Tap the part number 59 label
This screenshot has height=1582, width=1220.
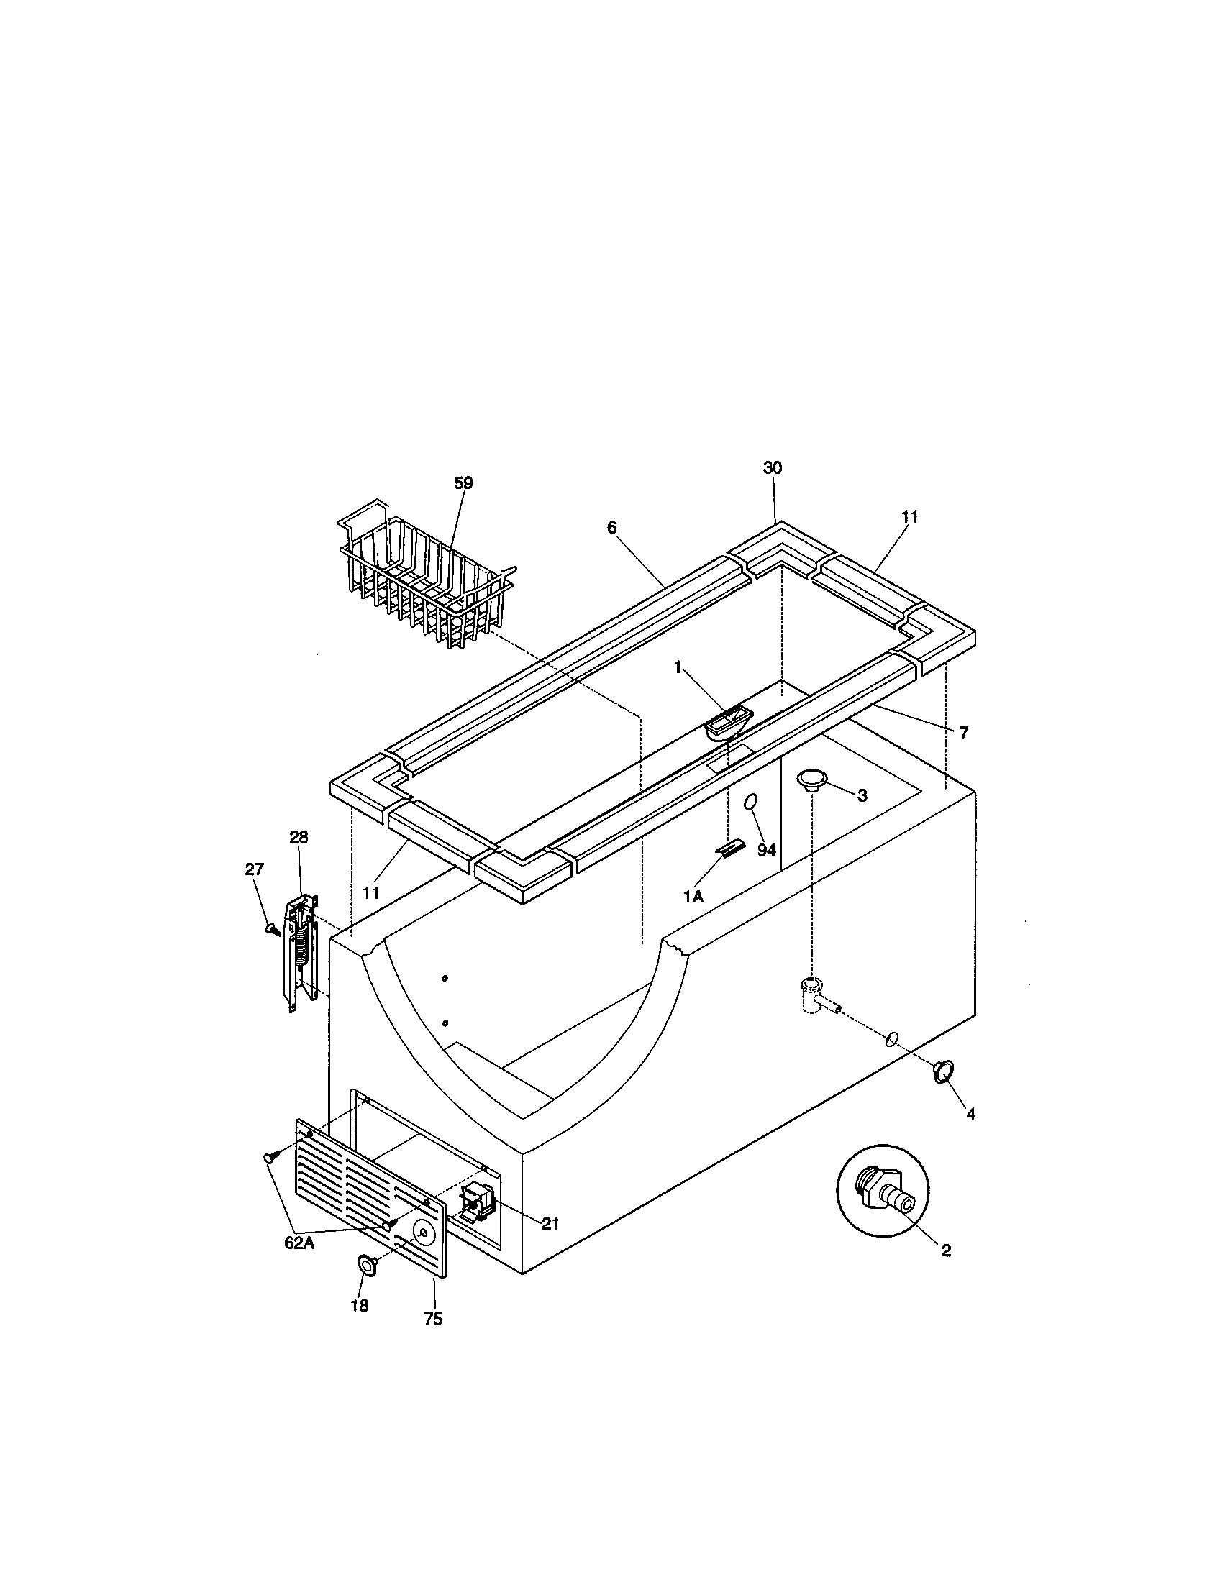463,483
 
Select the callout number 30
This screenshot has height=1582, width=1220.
773,468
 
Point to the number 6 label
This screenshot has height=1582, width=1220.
612,527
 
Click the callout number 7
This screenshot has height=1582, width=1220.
963,733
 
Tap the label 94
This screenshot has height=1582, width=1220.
767,850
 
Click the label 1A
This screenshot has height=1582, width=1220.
693,896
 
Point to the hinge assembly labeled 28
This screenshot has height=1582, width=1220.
303,952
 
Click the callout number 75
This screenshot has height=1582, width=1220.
432,1319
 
